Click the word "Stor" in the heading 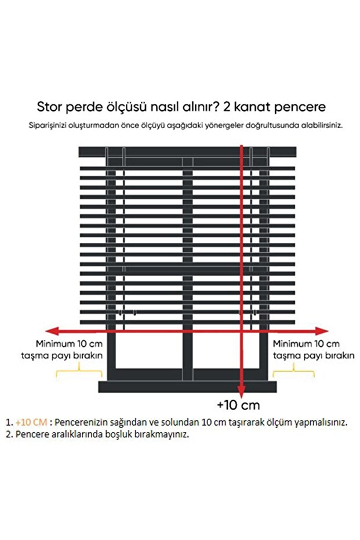pos(49,107)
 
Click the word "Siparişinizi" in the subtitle pos(49,125)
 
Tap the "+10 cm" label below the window pos(238,404)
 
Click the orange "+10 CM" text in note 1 pos(32,422)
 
